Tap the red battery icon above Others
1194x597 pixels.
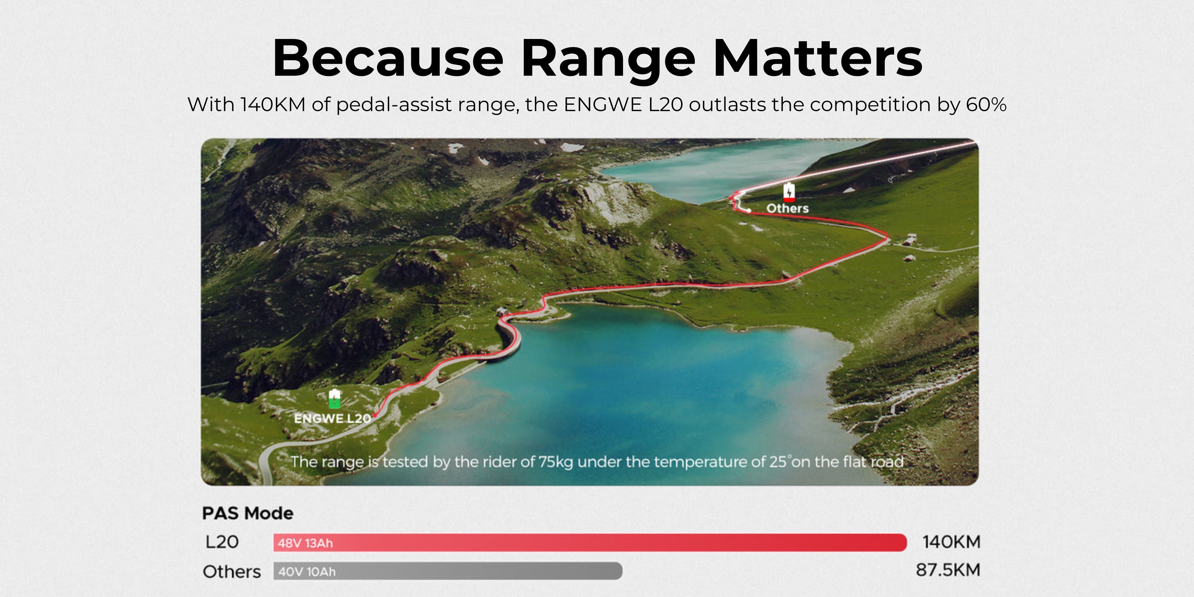click(x=789, y=192)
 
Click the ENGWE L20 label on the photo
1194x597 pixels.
click(x=332, y=418)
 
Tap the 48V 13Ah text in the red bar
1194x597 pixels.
click(x=305, y=543)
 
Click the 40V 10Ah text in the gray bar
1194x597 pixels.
click(x=307, y=572)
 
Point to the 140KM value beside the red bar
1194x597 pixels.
click(x=952, y=542)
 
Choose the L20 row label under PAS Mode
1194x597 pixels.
click(x=222, y=542)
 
